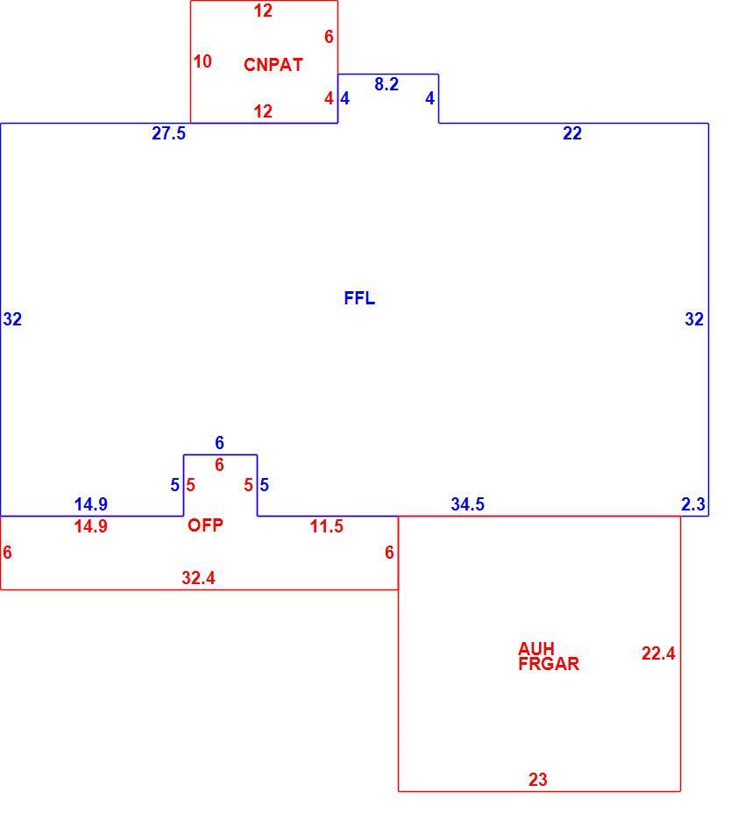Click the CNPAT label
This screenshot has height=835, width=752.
pyautogui.click(x=273, y=65)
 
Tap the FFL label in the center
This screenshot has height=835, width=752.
pyautogui.click(x=359, y=298)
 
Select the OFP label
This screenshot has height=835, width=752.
pyautogui.click(x=205, y=525)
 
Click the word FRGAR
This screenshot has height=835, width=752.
pyautogui.click(x=549, y=664)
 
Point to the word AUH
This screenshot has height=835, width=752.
pyautogui.click(x=536, y=649)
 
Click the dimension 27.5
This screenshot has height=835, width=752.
pyautogui.click(x=168, y=133)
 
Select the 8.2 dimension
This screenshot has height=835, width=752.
pyautogui.click(x=387, y=84)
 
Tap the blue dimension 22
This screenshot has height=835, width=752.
pyautogui.click(x=572, y=133)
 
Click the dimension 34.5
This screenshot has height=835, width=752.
pyautogui.click(x=467, y=503)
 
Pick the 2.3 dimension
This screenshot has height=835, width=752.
pyautogui.click(x=693, y=503)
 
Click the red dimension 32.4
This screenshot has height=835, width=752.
pyautogui.click(x=198, y=578)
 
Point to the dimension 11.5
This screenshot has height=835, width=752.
pyautogui.click(x=326, y=526)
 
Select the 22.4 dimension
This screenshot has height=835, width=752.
pyautogui.click(x=658, y=653)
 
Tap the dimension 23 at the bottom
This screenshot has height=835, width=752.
pyautogui.click(x=537, y=780)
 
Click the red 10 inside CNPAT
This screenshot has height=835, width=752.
pyautogui.click(x=202, y=61)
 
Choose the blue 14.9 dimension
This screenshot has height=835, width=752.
pyautogui.click(x=90, y=503)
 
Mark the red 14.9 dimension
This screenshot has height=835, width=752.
pyautogui.click(x=90, y=526)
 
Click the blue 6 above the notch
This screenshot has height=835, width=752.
pyautogui.click(x=219, y=443)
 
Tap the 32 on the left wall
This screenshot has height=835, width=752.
pyautogui.click(x=12, y=319)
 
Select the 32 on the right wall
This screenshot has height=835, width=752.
pyautogui.click(x=694, y=319)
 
